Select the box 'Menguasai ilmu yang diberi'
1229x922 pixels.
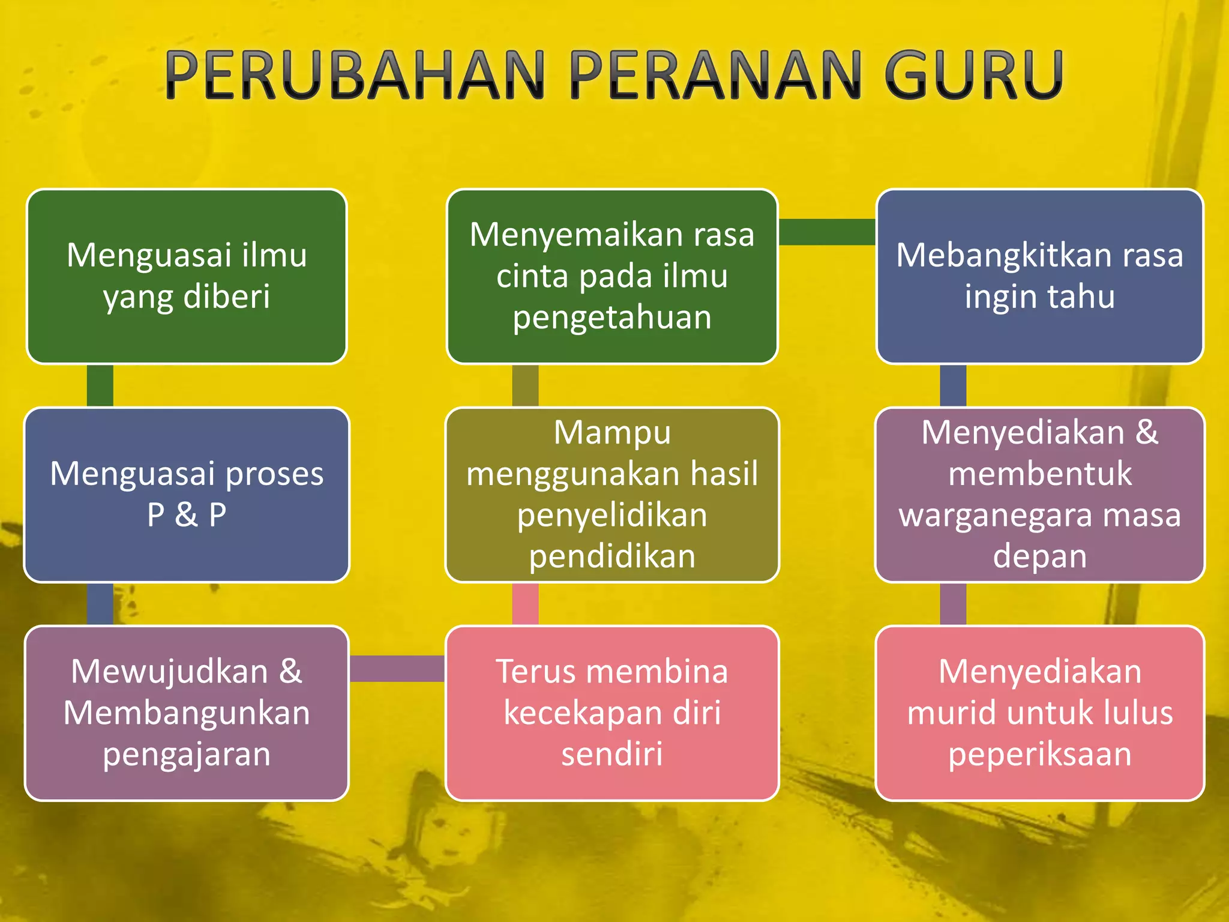[187, 276]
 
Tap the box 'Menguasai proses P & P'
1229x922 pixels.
[187, 495]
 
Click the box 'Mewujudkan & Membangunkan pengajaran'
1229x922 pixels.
[187, 713]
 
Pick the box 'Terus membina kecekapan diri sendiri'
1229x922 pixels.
[612, 713]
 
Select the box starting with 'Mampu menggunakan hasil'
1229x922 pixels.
[612, 495]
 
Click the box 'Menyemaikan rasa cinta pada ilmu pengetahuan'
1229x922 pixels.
[612, 276]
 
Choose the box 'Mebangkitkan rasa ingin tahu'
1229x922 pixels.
[1039, 276]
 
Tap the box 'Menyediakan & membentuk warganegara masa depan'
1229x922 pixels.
[1039, 495]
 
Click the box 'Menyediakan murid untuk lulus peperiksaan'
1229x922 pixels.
[1039, 713]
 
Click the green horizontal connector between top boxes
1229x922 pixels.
[827, 232]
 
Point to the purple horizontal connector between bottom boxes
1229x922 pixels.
[397, 668]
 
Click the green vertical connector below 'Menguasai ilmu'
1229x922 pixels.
[100, 385]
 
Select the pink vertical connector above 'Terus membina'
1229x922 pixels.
[525, 604]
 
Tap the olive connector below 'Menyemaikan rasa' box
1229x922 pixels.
[525, 385]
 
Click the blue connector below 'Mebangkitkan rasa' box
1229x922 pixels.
[953, 385]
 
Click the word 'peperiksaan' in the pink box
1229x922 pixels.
[1039, 754]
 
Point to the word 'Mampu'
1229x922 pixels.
[612, 432]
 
